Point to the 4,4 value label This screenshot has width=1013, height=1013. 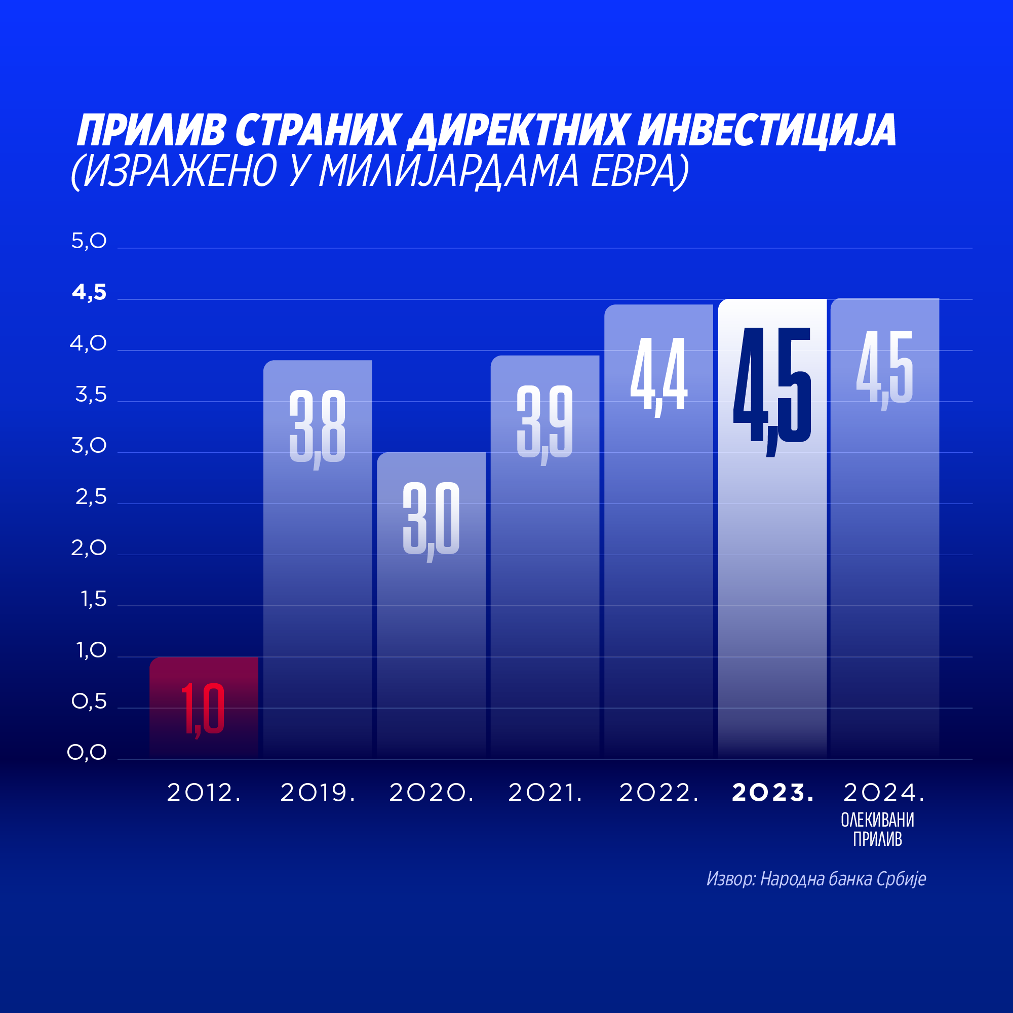pyautogui.click(x=658, y=374)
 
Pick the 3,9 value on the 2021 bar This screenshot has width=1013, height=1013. pyautogui.click(x=545, y=422)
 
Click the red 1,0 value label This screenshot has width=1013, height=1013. pyautogui.click(x=203, y=709)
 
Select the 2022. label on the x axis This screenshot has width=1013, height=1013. pyautogui.click(x=658, y=792)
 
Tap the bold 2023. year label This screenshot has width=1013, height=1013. pyautogui.click(x=772, y=792)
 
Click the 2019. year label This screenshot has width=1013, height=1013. pyautogui.click(x=318, y=792)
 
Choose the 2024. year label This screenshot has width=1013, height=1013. pyautogui.click(x=883, y=792)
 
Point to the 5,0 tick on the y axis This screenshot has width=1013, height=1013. pyautogui.click(x=89, y=241)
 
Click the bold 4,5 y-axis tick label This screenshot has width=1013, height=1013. pyautogui.click(x=89, y=293)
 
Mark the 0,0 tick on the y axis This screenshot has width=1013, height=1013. pyautogui.click(x=87, y=753)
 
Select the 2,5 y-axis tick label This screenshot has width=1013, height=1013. pyautogui.click(x=91, y=497)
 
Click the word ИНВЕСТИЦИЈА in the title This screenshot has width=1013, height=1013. pyautogui.click(x=766, y=130)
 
